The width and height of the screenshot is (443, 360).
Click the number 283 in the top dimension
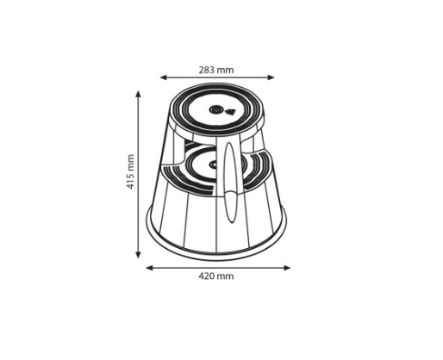207,70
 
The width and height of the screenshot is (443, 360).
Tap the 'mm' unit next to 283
225,71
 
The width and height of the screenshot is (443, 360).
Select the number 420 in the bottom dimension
207,276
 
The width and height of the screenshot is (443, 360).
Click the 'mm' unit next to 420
225,276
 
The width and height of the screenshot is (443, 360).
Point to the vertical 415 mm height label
131,171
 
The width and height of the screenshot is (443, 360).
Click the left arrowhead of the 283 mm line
164,78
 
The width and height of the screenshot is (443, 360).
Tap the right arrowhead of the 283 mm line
271,78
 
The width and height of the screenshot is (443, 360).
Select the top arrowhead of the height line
138,95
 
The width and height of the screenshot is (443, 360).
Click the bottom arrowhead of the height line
138,254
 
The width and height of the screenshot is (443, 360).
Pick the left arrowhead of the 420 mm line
150,268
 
